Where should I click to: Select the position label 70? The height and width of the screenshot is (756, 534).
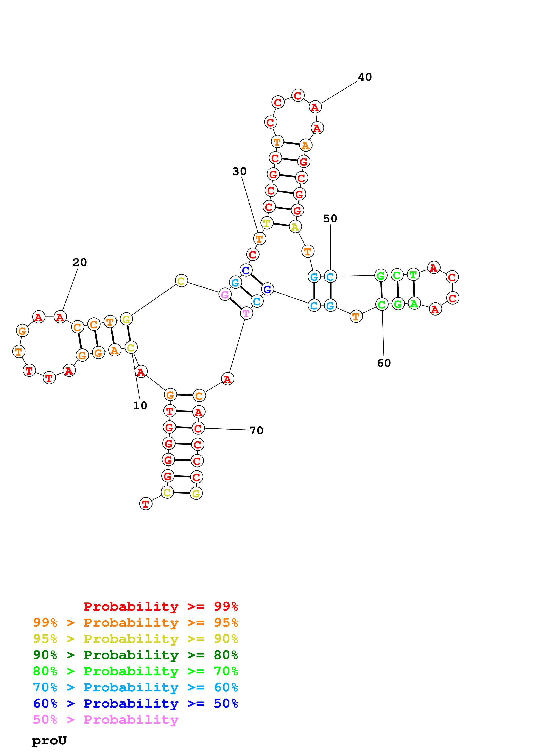click(256, 430)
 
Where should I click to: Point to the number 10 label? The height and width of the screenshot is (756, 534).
click(140, 405)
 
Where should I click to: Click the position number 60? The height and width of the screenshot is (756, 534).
click(384, 363)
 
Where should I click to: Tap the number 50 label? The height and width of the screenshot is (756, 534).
click(330, 219)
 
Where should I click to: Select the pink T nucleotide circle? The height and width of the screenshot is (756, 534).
click(246, 313)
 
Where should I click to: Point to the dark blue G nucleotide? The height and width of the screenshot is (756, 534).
click(268, 289)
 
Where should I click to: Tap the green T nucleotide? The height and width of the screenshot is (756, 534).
click(413, 274)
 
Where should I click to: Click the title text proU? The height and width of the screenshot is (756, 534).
click(49, 740)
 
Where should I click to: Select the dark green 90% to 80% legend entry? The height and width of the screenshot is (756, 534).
click(135, 655)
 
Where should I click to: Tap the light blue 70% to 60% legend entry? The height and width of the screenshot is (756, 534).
click(135, 687)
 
